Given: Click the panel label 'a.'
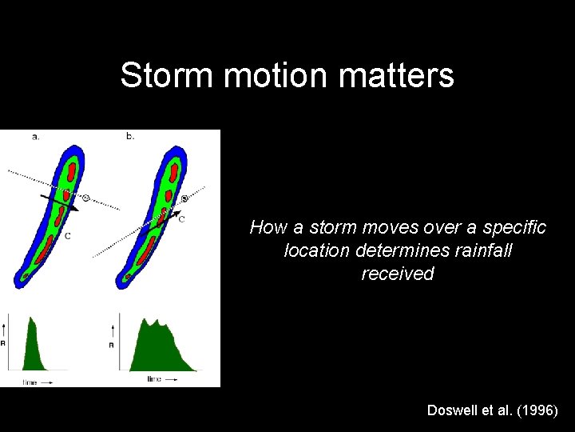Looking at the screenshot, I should tap(36, 137).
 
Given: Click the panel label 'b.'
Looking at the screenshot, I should tap(130, 137).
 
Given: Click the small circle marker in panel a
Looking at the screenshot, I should tap(85, 197).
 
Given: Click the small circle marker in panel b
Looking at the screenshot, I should tap(184, 198).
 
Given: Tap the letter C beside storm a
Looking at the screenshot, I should tap(66, 236).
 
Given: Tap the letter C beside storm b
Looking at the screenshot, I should tap(181, 218).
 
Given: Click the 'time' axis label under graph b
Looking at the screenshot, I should tap(154, 379).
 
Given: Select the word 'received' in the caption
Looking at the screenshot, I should tap(398, 274).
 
